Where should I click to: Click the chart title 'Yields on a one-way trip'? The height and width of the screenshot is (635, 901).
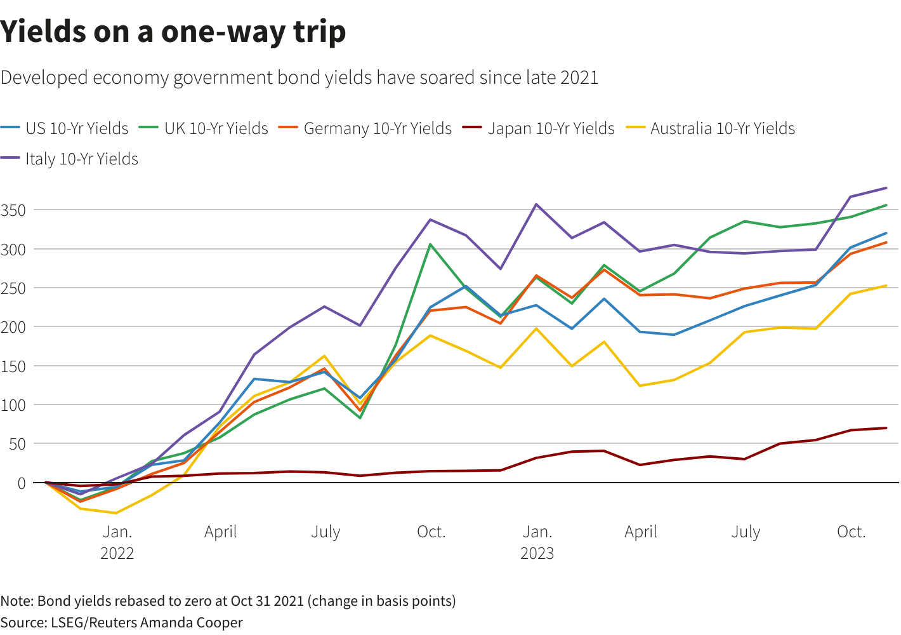(173, 32)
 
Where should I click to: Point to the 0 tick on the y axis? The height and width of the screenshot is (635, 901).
(22, 483)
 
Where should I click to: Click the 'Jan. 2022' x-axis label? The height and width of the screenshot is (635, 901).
(117, 542)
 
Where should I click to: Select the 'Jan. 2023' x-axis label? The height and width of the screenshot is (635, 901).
(537, 542)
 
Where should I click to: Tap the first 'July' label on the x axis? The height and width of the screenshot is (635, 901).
(326, 531)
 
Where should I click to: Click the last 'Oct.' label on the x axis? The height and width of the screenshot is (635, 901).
(851, 531)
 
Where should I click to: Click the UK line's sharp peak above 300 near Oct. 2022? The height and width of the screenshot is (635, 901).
(430, 244)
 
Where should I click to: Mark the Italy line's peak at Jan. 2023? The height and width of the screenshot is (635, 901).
(536, 204)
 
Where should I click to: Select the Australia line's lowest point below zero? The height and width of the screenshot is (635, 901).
(115, 512)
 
